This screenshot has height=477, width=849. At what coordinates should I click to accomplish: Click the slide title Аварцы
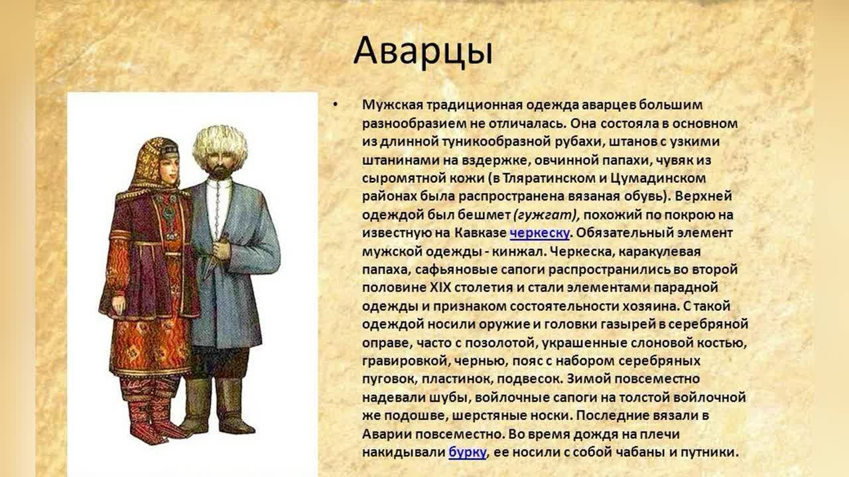point(423,52)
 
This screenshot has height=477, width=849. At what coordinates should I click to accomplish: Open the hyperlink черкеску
point(539,233)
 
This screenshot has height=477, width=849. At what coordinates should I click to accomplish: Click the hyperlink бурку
point(468,452)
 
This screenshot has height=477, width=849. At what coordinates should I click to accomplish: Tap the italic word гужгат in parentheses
point(545,215)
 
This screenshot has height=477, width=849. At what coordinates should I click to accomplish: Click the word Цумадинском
point(658,178)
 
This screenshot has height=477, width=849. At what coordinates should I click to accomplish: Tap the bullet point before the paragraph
point(335,104)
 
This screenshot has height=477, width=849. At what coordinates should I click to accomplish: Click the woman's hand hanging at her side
point(119,305)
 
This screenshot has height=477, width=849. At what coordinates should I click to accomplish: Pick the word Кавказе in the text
point(480,233)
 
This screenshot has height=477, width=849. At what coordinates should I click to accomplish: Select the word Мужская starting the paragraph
point(392,105)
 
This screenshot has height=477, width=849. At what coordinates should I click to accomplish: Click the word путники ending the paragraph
point(709,452)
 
